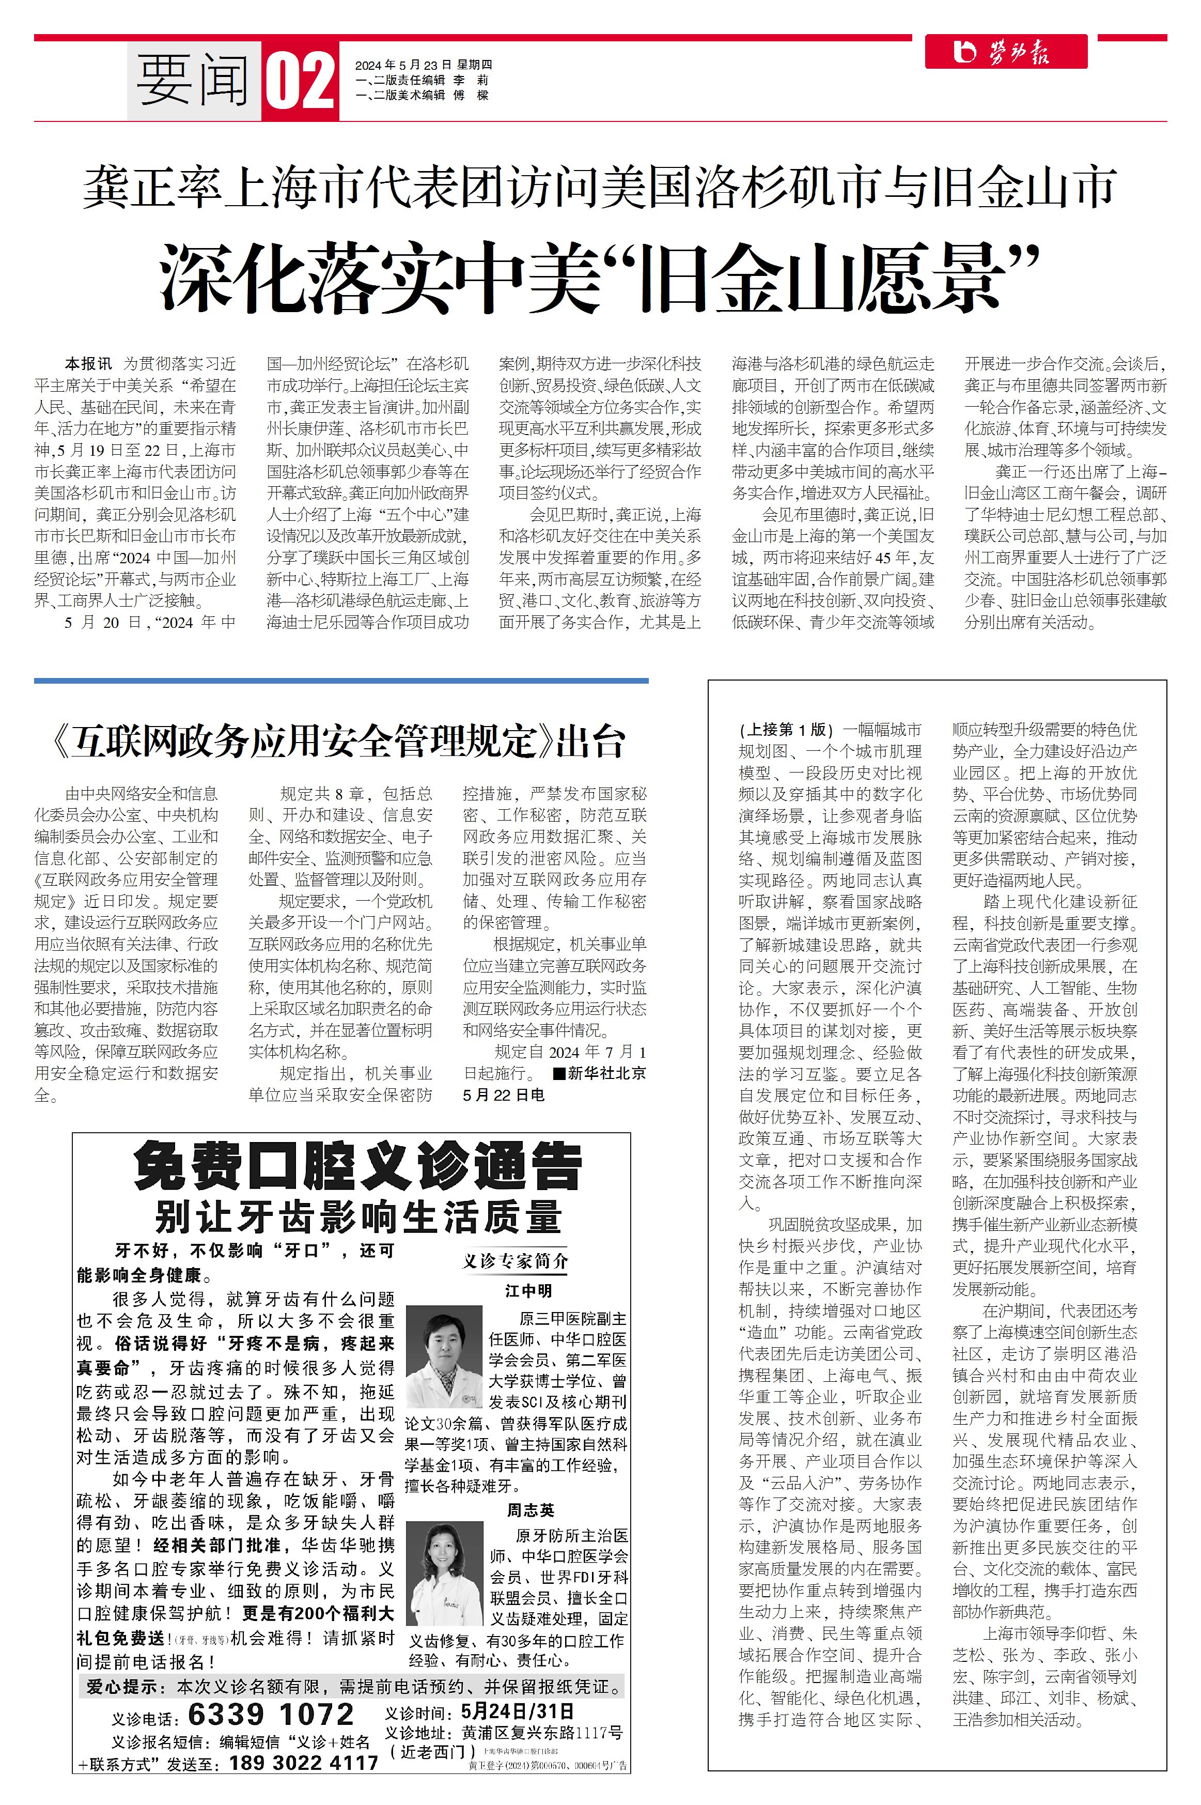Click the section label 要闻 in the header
point(193,81)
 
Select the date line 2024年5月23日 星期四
point(424,65)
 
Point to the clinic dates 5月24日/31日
point(518,1711)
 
